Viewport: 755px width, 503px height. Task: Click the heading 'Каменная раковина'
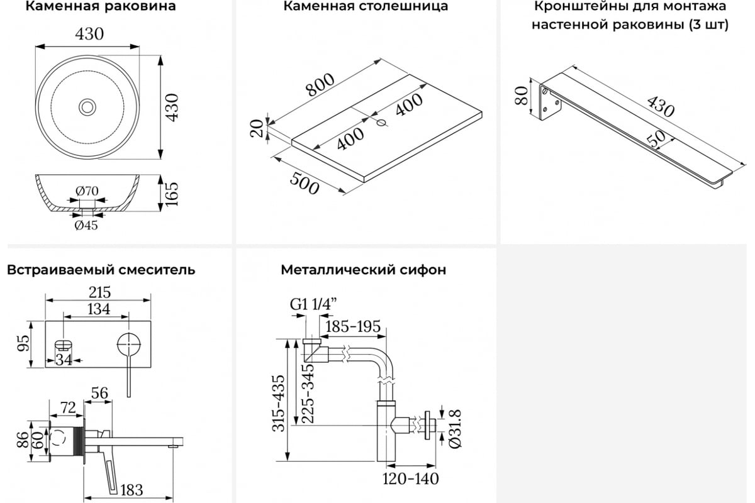101,6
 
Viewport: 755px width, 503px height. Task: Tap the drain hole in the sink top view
87,107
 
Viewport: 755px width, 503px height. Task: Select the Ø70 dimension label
87,191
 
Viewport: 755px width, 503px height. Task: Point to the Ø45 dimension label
86,225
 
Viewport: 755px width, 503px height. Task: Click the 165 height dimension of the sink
172,194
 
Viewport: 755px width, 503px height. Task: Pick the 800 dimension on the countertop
320,84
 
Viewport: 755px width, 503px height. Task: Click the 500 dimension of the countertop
305,183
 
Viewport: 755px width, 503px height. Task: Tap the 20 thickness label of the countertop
257,128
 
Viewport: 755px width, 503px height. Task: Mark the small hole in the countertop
381,123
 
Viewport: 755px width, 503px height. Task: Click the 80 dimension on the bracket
522,96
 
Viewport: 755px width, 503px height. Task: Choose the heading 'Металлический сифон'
364,270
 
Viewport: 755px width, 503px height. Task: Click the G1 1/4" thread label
313,304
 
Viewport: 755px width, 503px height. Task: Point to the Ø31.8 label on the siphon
455,429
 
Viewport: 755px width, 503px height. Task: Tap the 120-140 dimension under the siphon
410,478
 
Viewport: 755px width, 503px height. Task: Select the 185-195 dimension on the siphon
353,326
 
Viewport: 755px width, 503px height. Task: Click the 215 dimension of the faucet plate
99,292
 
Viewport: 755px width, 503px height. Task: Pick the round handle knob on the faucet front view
129,345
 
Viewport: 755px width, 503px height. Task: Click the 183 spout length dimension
131,490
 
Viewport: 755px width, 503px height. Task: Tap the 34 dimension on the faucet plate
64,360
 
